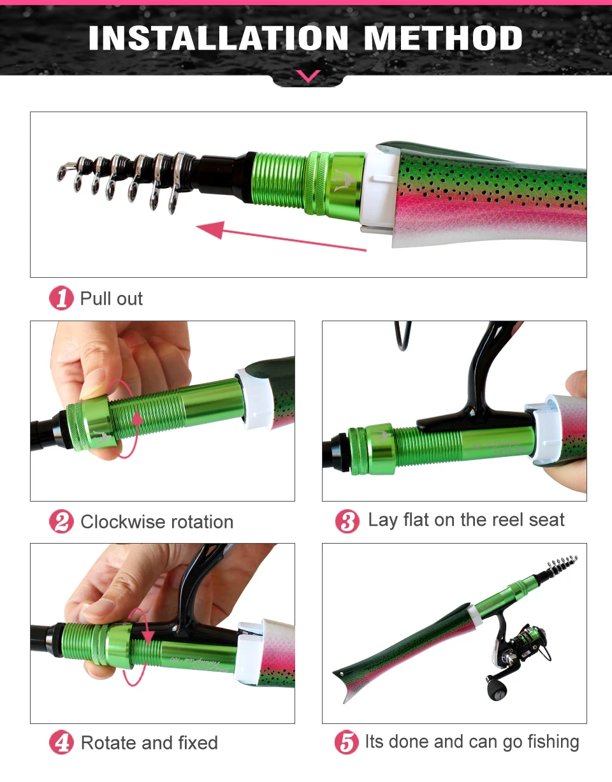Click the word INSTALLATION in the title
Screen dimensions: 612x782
click(x=219, y=38)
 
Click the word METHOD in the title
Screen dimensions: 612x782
click(x=443, y=38)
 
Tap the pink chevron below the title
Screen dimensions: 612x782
click(x=308, y=76)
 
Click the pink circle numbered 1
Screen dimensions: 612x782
click(x=61, y=298)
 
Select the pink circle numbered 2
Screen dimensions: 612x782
click(x=61, y=521)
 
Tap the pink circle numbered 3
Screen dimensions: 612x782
click(x=347, y=521)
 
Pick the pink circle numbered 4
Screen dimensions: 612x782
click(x=61, y=742)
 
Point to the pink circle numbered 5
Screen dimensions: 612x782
click(x=347, y=742)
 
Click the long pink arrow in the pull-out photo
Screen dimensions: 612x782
click(x=281, y=236)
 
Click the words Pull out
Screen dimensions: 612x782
click(x=111, y=298)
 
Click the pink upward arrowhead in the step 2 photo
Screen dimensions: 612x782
click(x=137, y=419)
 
